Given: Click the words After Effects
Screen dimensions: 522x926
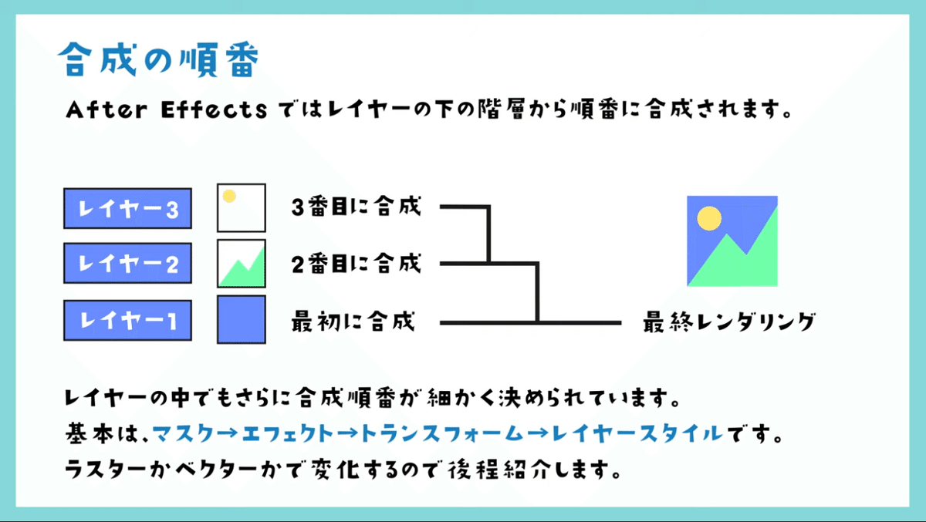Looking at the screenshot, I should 165,111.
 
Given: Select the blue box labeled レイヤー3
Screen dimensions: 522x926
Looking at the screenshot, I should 127,209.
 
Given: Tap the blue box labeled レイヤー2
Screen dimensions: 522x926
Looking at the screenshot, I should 127,264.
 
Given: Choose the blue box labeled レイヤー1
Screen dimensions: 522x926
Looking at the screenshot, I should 127,320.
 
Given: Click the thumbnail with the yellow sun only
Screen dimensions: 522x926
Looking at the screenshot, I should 241,207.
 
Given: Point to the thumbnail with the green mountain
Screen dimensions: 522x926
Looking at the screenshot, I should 241,264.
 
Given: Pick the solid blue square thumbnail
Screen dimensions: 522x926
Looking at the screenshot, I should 241,319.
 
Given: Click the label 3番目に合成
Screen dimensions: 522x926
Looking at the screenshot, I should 356,207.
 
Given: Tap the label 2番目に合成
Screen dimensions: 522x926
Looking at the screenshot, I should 356,264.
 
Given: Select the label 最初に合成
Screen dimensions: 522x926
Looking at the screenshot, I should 353,320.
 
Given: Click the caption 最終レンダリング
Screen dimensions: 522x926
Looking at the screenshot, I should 728,322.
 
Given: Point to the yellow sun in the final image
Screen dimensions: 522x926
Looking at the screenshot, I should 708,219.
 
